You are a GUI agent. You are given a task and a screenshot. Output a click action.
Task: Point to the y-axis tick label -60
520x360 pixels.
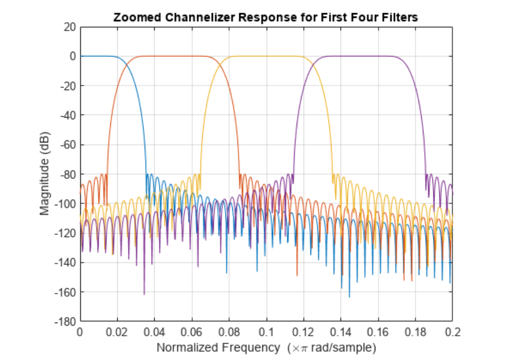click(x=68, y=144)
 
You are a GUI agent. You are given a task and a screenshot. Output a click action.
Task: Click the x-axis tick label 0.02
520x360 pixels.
click(x=117, y=332)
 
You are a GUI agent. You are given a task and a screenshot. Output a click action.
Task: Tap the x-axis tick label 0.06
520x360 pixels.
click(x=192, y=332)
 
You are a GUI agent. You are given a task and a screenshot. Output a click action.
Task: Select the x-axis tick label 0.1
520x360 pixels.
click(x=266, y=332)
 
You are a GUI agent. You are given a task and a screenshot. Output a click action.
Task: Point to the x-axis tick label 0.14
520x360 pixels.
click(x=341, y=332)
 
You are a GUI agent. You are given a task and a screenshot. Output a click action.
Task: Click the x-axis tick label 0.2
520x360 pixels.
click(x=452, y=332)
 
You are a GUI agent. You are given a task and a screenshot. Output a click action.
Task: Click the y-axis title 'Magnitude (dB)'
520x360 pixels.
click(x=45, y=173)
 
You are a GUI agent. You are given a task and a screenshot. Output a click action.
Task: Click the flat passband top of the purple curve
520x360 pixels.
click(x=359, y=56)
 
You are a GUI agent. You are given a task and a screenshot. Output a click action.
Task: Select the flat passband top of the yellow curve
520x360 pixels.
click(x=266, y=56)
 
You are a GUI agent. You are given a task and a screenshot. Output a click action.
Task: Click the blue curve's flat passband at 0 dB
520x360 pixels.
click(x=95, y=56)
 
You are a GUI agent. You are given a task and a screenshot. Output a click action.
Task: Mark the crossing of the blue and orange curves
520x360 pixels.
click(x=127, y=64)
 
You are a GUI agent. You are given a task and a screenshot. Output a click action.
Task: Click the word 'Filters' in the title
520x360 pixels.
click(x=400, y=17)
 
